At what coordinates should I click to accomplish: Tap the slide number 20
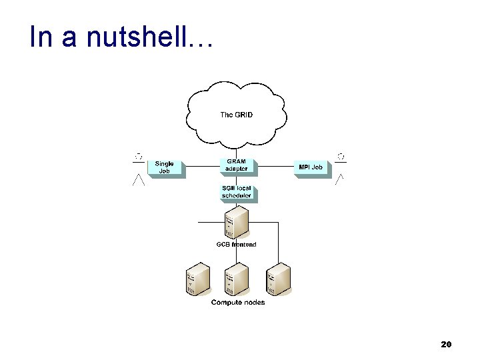tap(447, 345)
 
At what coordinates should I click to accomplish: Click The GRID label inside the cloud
tap(236, 115)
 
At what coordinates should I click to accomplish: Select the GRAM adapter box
tap(236, 165)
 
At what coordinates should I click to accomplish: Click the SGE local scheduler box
tap(236, 193)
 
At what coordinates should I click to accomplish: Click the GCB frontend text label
tap(236, 245)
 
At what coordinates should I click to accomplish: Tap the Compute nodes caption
tap(238, 303)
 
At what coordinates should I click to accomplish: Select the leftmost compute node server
tap(198, 280)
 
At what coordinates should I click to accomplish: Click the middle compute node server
tap(237, 280)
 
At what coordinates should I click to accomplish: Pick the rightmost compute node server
tap(279, 280)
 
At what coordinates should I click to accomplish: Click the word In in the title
tap(41, 38)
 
